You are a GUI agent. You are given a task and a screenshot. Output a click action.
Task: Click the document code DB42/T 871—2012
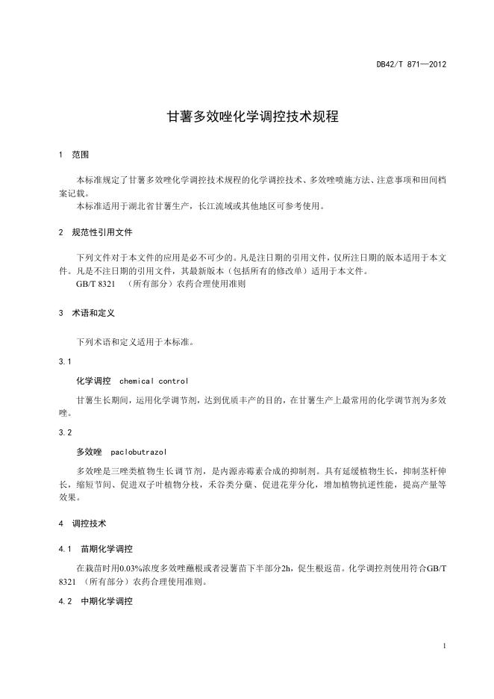pyautogui.click(x=411, y=64)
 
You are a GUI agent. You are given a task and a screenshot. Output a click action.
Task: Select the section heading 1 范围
pyautogui.click(x=74, y=155)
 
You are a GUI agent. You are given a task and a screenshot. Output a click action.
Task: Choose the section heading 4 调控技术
pyautogui.click(x=82, y=524)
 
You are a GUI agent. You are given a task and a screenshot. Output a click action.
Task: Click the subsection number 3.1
pyautogui.click(x=63, y=361)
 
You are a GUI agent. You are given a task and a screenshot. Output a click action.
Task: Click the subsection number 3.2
pyautogui.click(x=63, y=432)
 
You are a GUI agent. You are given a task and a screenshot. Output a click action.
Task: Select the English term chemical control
pyautogui.click(x=154, y=381)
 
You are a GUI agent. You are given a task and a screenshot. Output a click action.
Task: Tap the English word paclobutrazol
pyautogui.click(x=138, y=452)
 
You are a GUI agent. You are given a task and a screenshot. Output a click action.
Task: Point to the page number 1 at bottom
pyautogui.click(x=444, y=645)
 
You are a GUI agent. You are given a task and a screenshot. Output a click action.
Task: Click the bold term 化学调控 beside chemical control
pyautogui.click(x=93, y=381)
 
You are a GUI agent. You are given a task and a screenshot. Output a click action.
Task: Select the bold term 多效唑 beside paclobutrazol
pyautogui.click(x=89, y=452)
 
